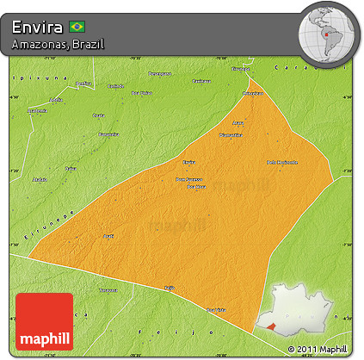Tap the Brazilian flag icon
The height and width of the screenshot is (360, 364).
(x=77, y=27)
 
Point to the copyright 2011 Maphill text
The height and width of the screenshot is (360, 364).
(x=319, y=349)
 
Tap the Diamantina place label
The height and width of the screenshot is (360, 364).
(x=230, y=135)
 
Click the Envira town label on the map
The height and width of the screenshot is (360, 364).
(x=189, y=161)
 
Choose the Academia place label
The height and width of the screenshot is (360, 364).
(x=37, y=111)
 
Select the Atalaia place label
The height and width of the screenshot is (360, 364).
(x=39, y=180)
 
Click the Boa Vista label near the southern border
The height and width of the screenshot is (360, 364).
(x=215, y=308)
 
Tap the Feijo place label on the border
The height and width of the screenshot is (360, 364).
(x=170, y=290)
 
